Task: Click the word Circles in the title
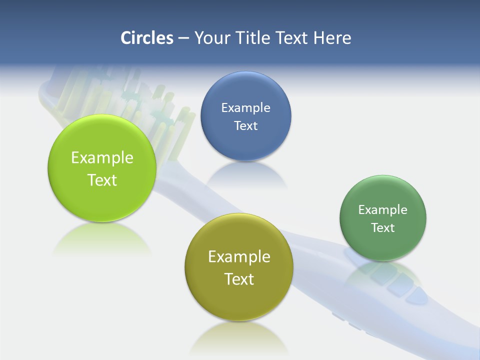146,38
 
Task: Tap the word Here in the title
332,38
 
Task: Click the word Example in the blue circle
245,107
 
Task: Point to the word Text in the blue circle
245,125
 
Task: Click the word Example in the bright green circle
102,158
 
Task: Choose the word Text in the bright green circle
102,180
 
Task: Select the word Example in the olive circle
239,257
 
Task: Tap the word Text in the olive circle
239,279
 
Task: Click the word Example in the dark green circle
383,210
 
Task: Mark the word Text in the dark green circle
383,228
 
